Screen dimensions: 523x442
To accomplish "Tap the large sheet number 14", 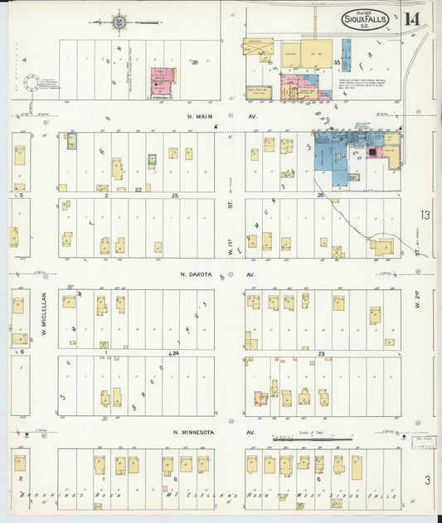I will pos(412,18).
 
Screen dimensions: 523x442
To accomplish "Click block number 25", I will pos(175,195).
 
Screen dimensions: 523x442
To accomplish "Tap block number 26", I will pos(319,195).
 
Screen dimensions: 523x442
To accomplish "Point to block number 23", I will pos(319,354).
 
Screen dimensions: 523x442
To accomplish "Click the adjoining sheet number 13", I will pos(425,215).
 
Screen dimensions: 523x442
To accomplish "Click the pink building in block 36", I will pos(163,81).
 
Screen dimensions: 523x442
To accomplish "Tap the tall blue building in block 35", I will pos(346,55).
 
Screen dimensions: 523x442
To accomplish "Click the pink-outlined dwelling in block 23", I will pos(260,398).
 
